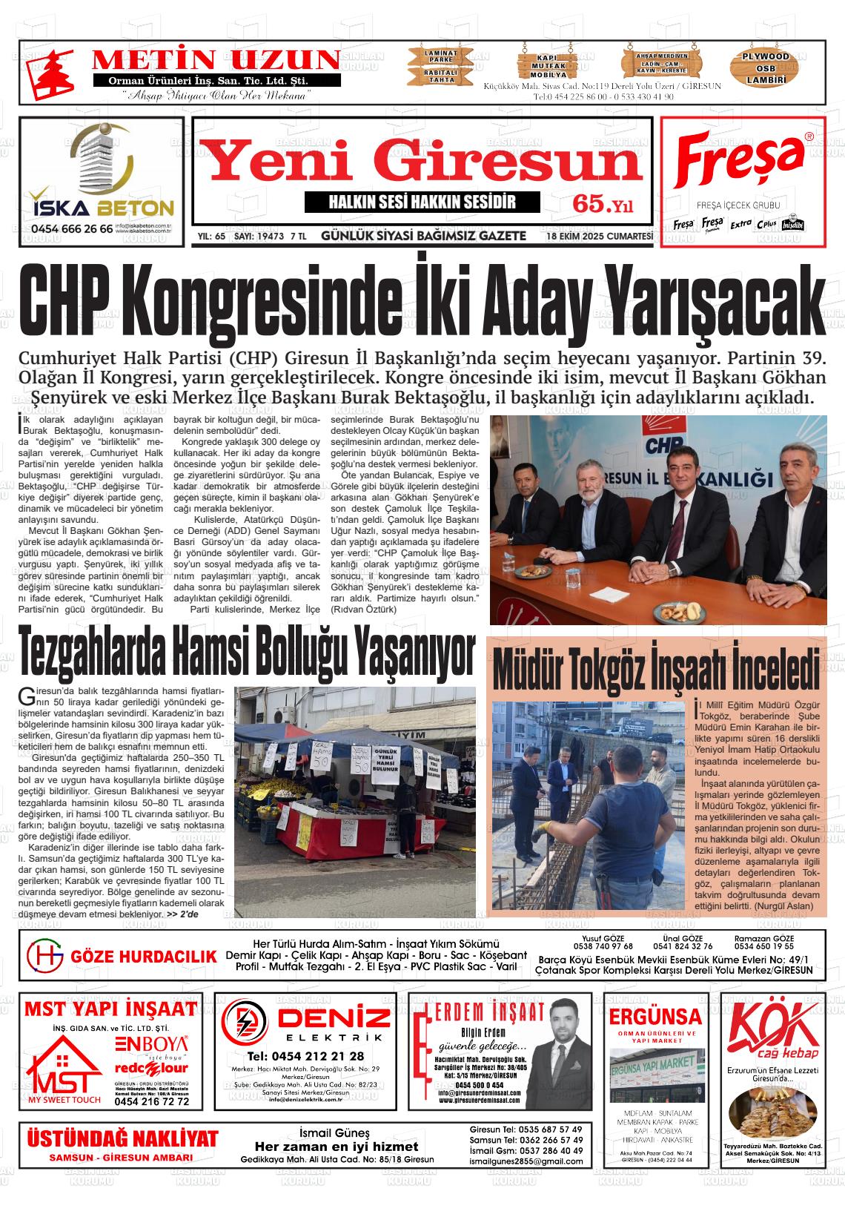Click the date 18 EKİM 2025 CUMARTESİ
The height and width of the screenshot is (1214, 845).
599,237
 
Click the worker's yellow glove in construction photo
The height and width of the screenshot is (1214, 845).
546,828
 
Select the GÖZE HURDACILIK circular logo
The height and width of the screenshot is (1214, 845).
45,956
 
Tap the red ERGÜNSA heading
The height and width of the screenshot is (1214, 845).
655,1015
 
